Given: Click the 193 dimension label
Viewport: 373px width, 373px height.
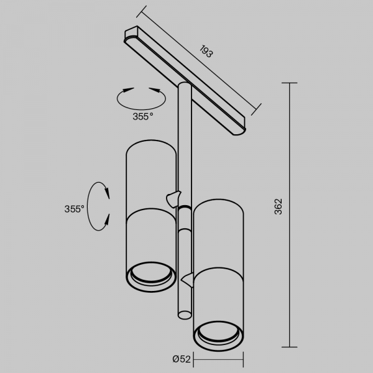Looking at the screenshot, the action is click(206, 51).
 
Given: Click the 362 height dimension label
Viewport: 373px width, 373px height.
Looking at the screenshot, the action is click(278, 206).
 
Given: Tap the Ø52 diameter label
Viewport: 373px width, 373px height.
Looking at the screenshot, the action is click(182, 359).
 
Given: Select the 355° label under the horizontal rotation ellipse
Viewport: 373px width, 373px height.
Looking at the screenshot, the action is click(143, 117).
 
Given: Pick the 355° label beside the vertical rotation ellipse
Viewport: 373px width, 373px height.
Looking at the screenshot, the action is click(74, 209).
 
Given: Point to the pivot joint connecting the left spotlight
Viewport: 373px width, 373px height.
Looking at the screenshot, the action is click(173, 199).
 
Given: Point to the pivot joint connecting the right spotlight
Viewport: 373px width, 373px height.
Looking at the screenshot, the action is click(188, 280).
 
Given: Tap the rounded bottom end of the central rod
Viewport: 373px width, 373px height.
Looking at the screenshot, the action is click(185, 315).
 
